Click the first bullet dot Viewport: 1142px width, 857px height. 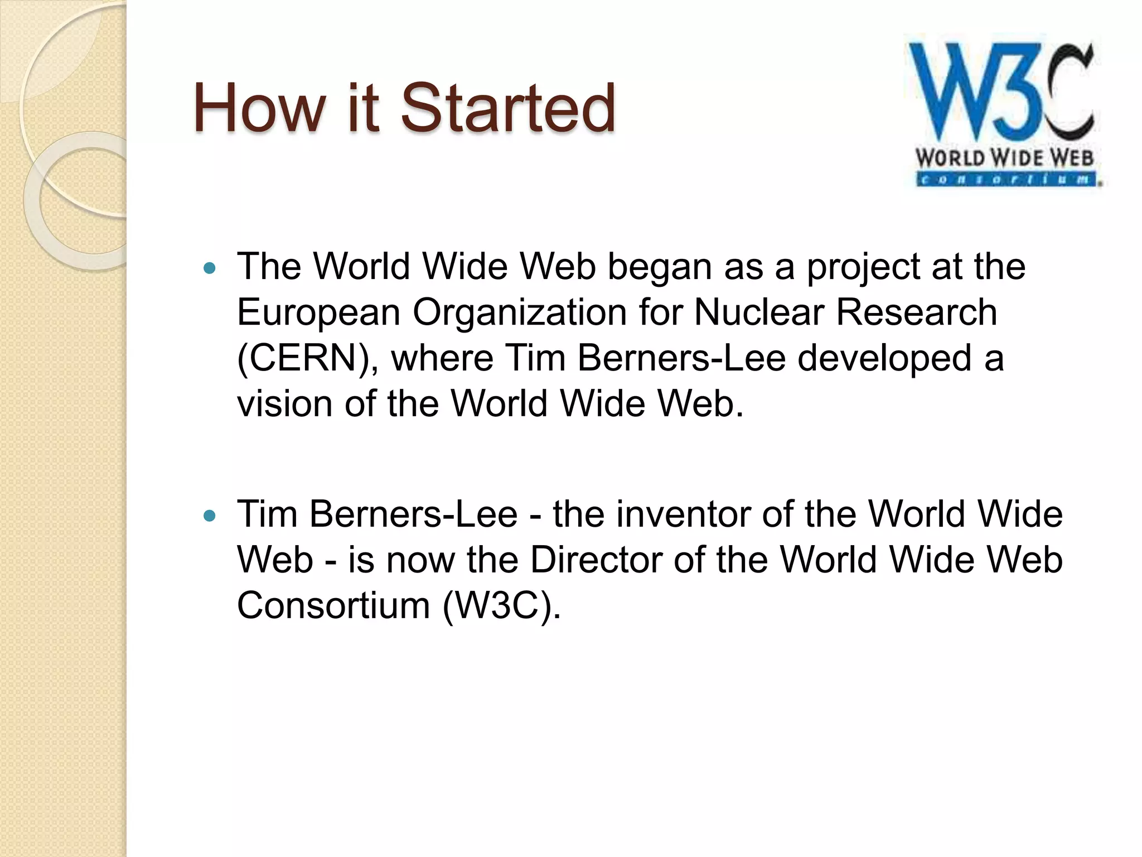210,269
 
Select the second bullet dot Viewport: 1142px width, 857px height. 210,516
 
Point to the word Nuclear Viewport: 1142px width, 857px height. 758,312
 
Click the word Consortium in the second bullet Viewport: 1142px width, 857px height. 333,605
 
